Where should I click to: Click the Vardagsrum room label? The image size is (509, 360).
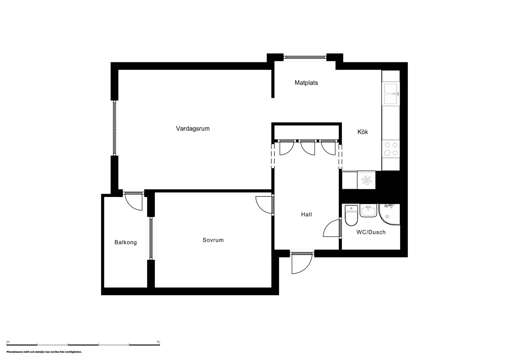coord(193,129)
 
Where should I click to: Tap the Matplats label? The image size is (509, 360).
coord(306,83)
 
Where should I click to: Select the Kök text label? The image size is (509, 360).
coord(363,132)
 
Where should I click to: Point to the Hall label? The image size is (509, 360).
coord(306,214)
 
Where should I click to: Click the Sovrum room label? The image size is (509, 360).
coord(213,240)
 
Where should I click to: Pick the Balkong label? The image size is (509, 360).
coord(126,242)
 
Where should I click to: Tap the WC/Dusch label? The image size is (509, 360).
coord(371,232)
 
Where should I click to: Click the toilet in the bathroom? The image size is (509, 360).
coord(352,215)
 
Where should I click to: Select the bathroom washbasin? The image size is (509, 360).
coord(368,211)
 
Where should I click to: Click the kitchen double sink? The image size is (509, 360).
coord(391,94)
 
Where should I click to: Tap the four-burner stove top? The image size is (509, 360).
coord(391,149)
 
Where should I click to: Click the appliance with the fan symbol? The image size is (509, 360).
coord(366,180)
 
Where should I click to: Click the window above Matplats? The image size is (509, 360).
coord(305,57)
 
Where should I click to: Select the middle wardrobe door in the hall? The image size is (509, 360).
coord(308,147)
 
